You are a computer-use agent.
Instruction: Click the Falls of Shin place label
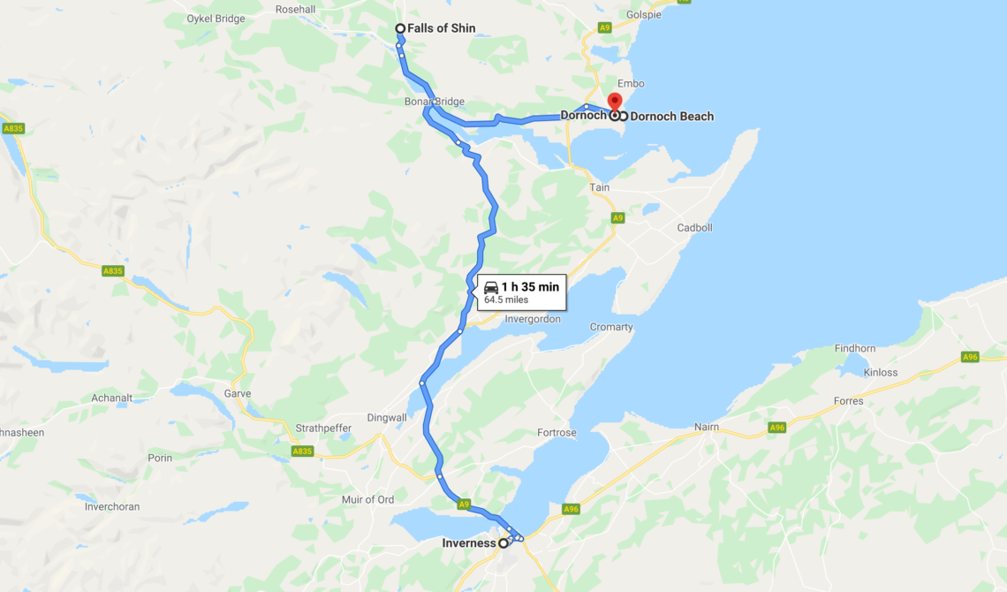pos(441,28)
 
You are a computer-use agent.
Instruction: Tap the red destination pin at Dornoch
pos(615,101)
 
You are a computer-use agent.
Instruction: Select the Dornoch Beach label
pos(671,116)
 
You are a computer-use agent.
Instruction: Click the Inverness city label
pos(468,543)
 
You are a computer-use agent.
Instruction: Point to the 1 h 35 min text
pos(530,286)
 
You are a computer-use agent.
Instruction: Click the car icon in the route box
pos(491,287)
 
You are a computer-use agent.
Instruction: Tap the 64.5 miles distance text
pos(506,300)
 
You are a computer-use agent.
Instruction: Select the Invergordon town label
pos(532,319)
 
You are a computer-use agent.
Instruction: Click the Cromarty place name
pos(611,327)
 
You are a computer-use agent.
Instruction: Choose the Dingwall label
pos(387,418)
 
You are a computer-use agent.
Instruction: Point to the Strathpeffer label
pos(323,429)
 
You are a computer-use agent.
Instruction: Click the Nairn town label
pos(706,427)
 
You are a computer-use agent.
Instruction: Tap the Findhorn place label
pos(854,348)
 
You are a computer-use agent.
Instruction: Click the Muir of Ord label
pos(367,500)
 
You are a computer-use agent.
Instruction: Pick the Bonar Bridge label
pos(435,102)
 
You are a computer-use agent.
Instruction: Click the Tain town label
pos(599,187)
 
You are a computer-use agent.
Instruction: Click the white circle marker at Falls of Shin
pos(400,28)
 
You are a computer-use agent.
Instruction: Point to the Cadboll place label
pos(694,227)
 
